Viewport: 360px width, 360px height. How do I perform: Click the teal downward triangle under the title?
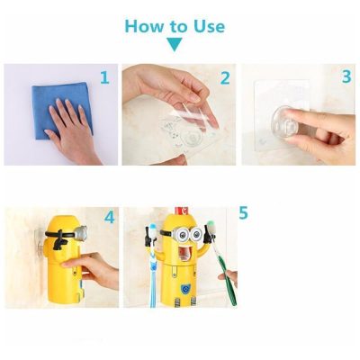(174, 44)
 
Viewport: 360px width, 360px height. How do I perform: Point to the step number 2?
(225, 79)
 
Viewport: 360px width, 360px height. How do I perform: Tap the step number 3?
(346, 77)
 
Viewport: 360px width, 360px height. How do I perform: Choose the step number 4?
(109, 218)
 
